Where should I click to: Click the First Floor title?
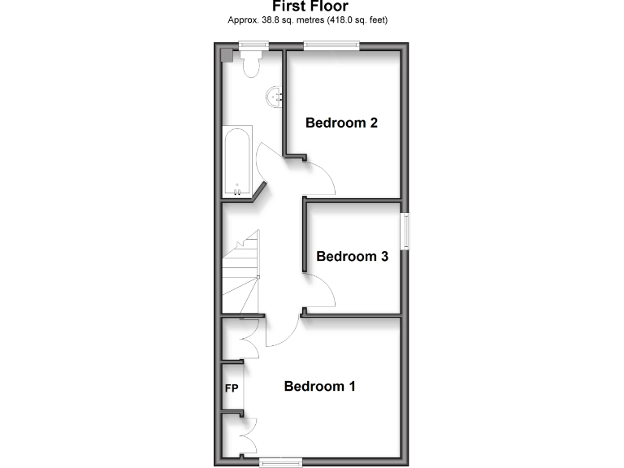[x=311, y=6]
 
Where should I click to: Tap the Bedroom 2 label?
[x=341, y=123]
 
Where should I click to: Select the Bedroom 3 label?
[x=352, y=257]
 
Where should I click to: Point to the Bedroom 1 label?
[x=320, y=386]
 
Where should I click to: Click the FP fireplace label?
[x=232, y=388]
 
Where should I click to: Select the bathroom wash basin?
[x=275, y=97]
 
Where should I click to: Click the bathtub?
[x=237, y=162]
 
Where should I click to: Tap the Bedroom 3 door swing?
[x=318, y=292]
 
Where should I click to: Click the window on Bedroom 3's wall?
[x=405, y=231]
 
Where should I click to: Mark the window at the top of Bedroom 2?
[x=330, y=46]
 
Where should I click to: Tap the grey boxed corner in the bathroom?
[x=227, y=55]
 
